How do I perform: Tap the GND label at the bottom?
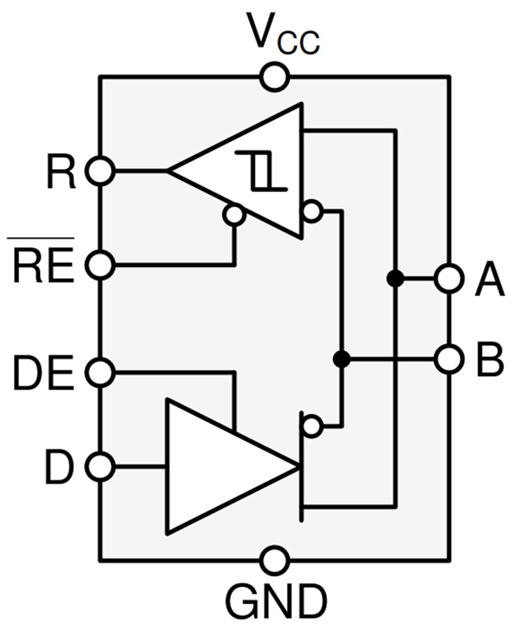click(275, 599)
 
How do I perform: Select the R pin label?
click(61, 172)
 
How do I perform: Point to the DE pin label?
click(44, 373)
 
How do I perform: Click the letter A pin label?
click(488, 279)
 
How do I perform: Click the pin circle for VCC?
click(274, 77)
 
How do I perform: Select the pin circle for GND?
click(274, 561)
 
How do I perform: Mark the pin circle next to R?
click(101, 171)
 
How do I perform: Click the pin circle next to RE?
click(101, 265)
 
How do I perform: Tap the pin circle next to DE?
click(101, 373)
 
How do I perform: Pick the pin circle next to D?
click(101, 466)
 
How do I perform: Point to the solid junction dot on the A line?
click(395, 278)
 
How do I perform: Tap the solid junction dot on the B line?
click(341, 359)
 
